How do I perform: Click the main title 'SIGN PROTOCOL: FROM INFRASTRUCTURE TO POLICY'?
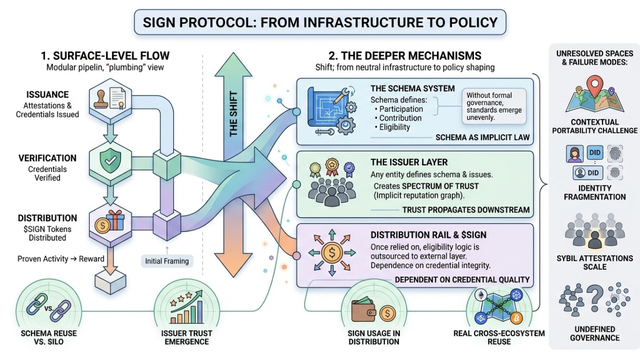(320, 22)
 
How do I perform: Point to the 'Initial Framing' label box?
(167, 260)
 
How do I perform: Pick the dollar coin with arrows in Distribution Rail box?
(331, 252)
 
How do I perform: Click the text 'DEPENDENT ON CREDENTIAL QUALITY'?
(462, 280)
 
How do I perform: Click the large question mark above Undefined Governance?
(594, 300)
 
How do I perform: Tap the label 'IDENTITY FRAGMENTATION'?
(594, 192)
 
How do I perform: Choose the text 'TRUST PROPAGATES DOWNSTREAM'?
(465, 210)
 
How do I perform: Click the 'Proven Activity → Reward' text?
(61, 259)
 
